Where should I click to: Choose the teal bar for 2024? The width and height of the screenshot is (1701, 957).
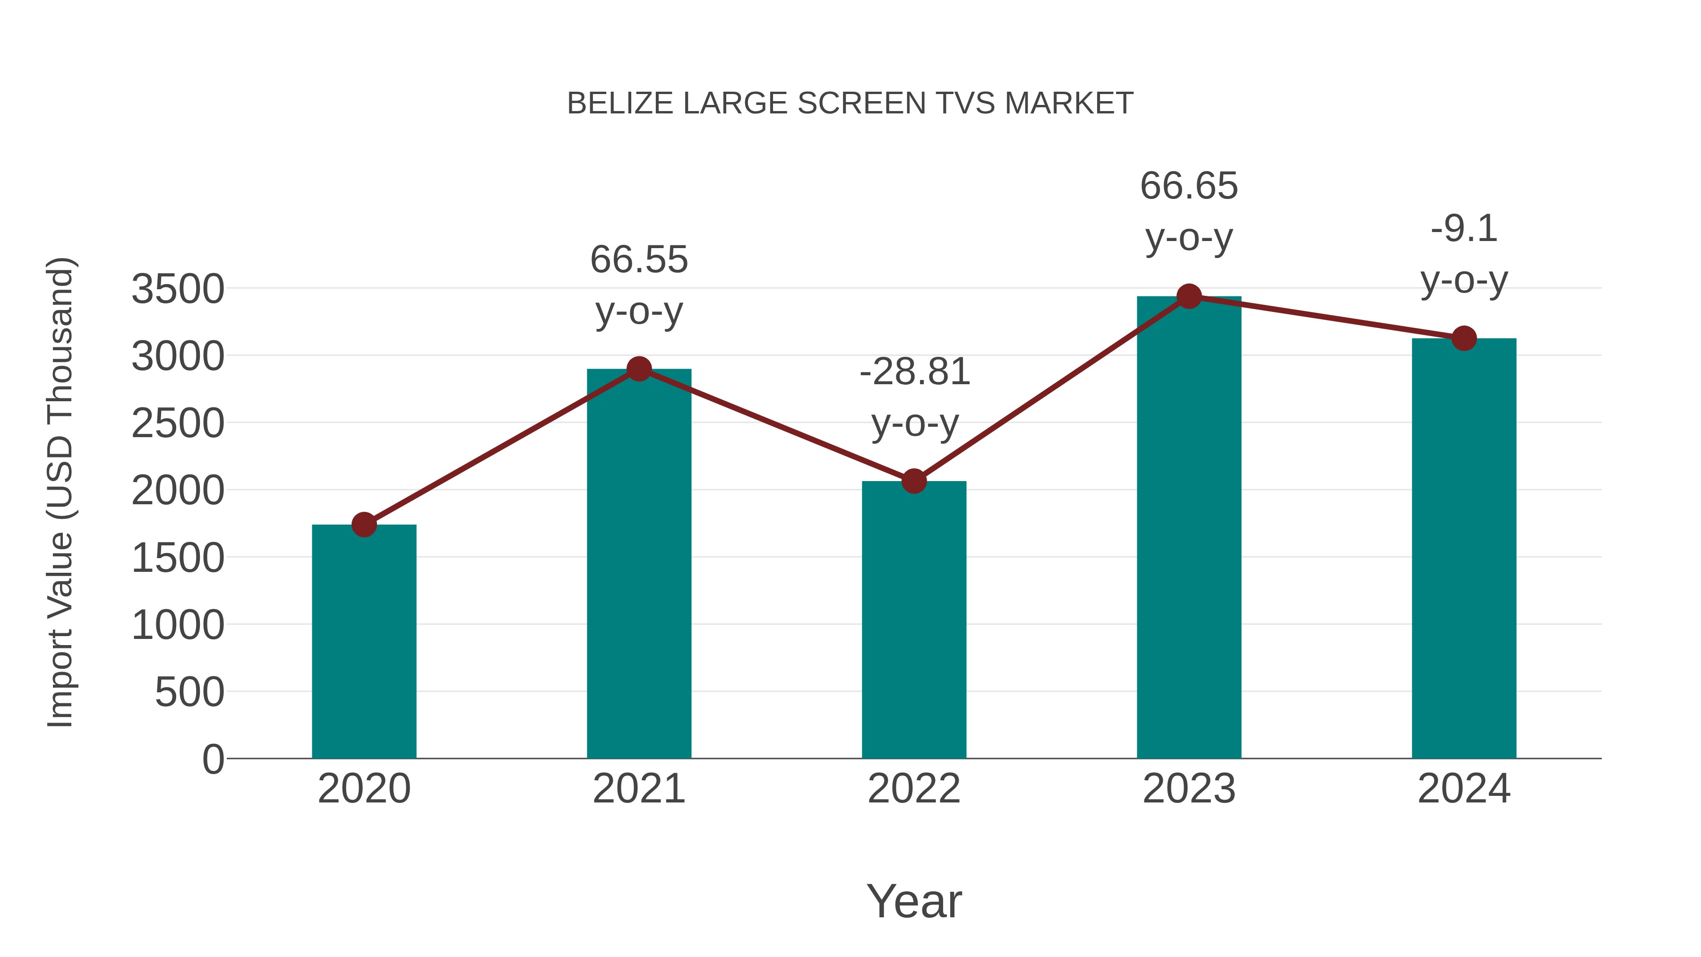click(1464, 548)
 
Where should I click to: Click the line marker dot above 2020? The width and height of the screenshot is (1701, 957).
click(364, 525)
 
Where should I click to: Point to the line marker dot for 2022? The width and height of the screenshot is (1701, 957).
click(914, 482)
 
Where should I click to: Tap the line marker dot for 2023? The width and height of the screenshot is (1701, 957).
click(1189, 296)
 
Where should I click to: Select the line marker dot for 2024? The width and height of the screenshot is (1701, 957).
click(1464, 339)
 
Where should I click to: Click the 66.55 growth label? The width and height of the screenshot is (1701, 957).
click(638, 259)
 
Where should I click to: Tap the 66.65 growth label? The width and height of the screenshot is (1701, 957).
click(1189, 186)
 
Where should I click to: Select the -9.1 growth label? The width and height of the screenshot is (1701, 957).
click(1464, 229)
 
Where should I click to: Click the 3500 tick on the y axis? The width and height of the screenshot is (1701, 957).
click(178, 289)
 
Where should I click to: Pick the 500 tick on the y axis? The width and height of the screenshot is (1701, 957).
click(189, 692)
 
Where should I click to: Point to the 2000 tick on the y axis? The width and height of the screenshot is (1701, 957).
click(178, 491)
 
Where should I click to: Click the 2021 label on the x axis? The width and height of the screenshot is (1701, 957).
click(638, 789)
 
